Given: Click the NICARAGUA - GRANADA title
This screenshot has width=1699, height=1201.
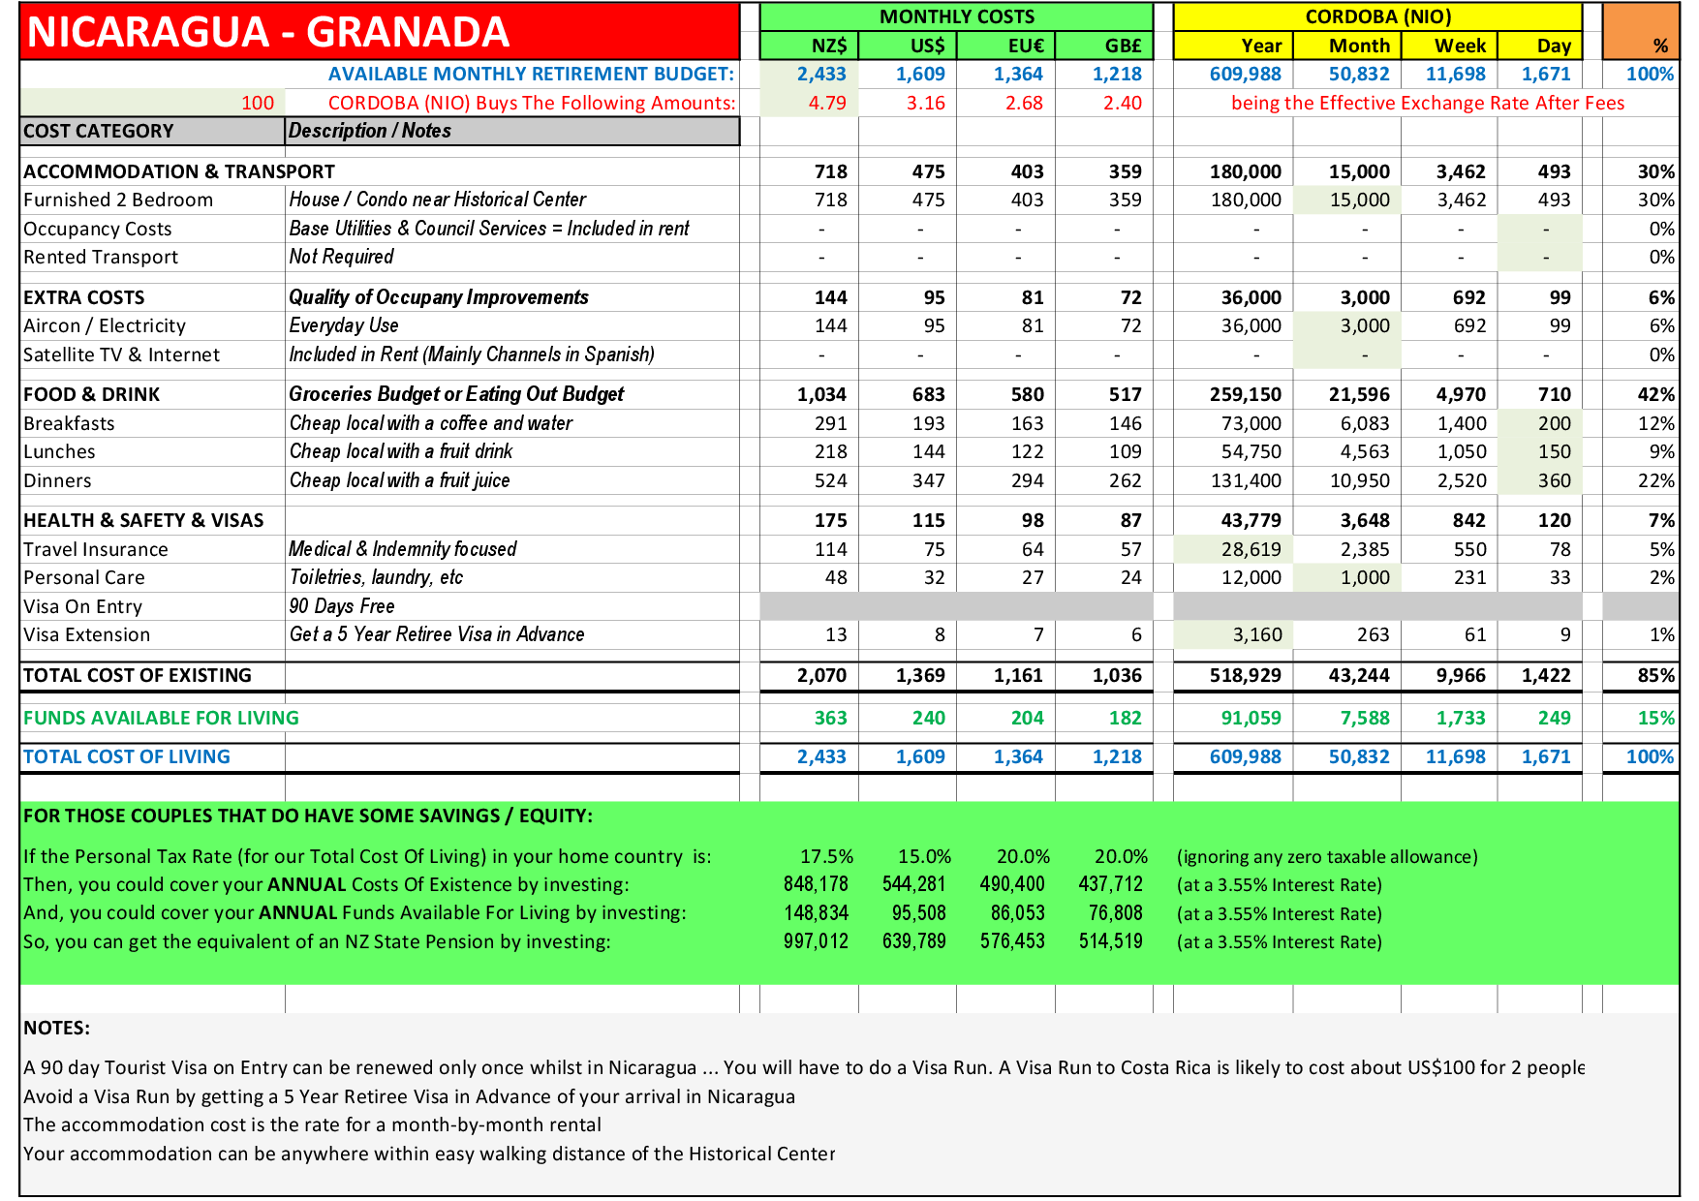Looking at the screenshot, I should (x=268, y=32).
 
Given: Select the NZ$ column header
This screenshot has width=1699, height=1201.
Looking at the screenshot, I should (x=828, y=46).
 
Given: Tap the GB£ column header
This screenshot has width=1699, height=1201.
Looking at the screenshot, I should (x=1123, y=46).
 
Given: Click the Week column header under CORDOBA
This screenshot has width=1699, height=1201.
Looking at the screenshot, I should (x=1460, y=46).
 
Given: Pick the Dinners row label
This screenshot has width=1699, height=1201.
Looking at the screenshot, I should (x=57, y=480).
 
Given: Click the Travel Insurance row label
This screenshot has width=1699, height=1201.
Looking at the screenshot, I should (x=96, y=549).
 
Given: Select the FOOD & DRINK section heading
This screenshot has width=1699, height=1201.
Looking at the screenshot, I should (x=91, y=394).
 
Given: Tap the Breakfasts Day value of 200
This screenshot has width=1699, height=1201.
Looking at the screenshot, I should (x=1554, y=423).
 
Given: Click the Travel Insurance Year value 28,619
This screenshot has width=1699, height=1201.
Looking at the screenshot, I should (x=1251, y=549).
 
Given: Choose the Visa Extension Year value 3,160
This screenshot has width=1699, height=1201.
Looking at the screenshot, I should (x=1256, y=634).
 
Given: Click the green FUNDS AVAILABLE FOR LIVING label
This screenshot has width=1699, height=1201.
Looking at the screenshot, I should (x=161, y=718).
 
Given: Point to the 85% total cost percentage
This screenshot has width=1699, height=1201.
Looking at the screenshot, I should (x=1655, y=675).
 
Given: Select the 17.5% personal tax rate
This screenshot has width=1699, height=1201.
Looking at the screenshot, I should (x=826, y=856).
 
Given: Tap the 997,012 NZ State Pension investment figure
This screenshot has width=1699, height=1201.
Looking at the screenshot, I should (x=816, y=941).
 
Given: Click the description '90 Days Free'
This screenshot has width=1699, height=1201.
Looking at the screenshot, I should (x=342, y=606).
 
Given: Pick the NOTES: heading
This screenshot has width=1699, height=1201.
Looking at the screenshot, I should (x=56, y=1028).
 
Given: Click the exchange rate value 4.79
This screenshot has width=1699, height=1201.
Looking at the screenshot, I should (x=827, y=103).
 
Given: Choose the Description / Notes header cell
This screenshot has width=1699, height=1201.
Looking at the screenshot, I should (x=370, y=131).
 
